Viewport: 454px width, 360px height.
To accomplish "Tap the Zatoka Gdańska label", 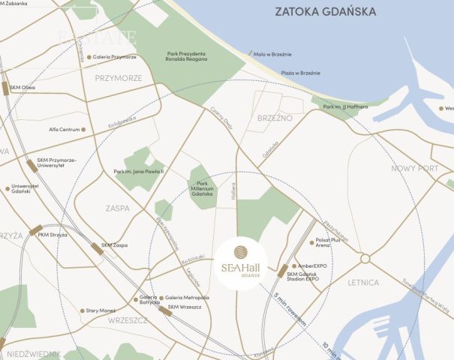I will click(325, 12).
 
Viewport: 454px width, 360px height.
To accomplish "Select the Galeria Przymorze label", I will click(114, 57).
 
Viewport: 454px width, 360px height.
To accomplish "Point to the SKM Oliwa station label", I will click(23, 87).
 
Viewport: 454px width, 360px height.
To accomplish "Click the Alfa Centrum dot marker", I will click(83, 129).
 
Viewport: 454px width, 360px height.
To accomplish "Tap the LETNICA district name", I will click(365, 283).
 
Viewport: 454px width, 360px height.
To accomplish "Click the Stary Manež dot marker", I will click(83, 310).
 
